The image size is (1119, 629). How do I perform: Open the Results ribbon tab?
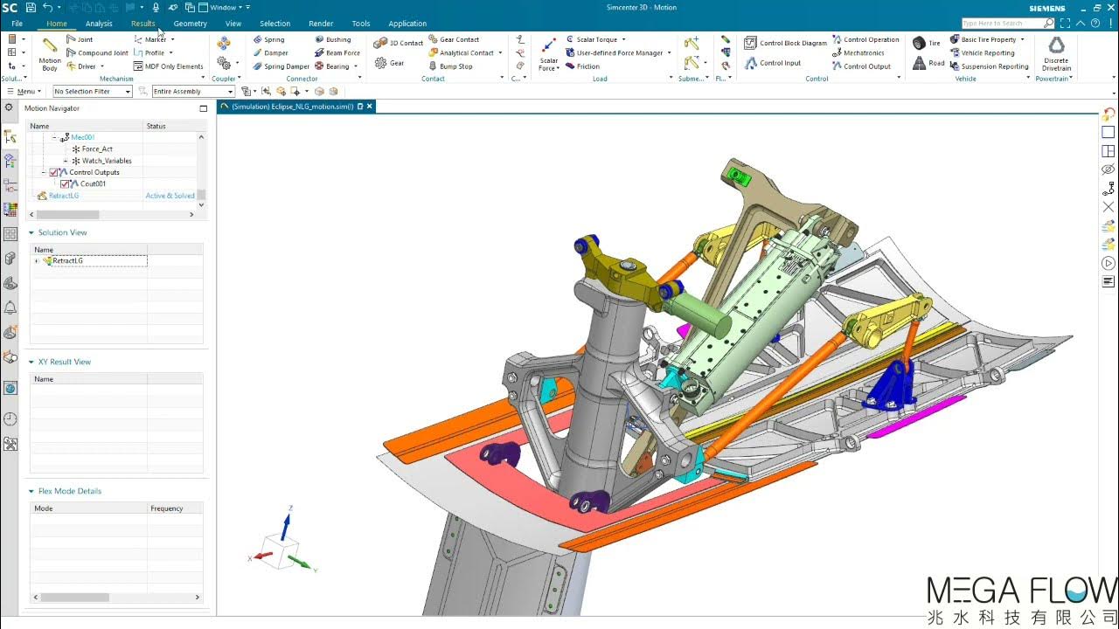[x=142, y=24]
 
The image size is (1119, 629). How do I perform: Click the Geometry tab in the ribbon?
[x=190, y=24]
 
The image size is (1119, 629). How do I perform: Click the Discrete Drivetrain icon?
[x=1056, y=52]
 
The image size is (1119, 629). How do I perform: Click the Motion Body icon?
[x=50, y=52]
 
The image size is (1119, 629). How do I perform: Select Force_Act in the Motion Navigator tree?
[x=97, y=149]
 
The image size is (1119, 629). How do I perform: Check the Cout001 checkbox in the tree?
[x=66, y=184]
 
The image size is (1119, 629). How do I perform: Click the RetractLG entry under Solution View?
[x=67, y=261]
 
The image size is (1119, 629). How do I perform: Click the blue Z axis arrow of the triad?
[x=286, y=522]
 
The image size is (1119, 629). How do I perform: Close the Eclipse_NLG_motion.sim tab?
[x=370, y=107]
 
